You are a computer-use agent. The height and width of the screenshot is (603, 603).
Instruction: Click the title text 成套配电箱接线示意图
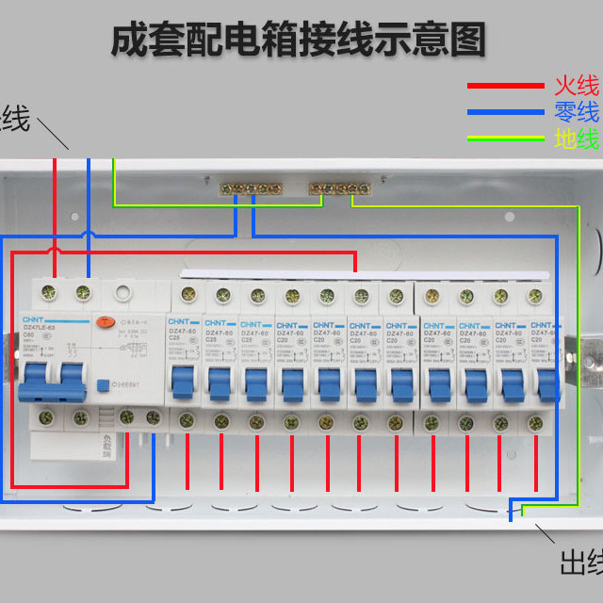point(299,41)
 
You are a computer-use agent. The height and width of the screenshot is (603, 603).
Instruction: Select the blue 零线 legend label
point(576,113)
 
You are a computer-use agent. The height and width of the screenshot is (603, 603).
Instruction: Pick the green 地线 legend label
point(576,139)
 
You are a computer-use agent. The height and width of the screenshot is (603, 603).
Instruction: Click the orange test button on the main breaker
point(108,321)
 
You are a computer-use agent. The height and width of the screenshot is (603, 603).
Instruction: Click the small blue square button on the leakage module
point(129,385)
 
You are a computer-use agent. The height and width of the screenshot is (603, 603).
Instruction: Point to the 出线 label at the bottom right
point(579,563)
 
